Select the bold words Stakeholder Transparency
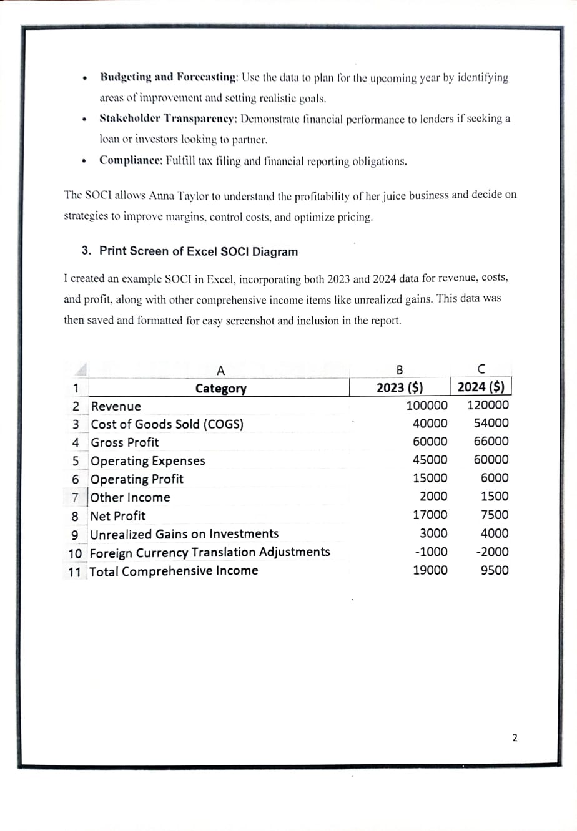pyautogui.click(x=167, y=119)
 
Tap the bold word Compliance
pyautogui.click(x=130, y=161)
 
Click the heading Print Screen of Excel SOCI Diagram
pyautogui.click(x=198, y=251)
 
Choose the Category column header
pyautogui.click(x=220, y=389)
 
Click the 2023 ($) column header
pyautogui.click(x=400, y=387)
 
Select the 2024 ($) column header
pyautogui.click(x=481, y=386)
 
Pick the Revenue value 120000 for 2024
pyautogui.click(x=488, y=405)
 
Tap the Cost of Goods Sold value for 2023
pyautogui.click(x=430, y=423)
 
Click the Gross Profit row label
pyautogui.click(x=125, y=442)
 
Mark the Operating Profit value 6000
pyautogui.click(x=495, y=478)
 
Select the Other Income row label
pyautogui.click(x=130, y=497)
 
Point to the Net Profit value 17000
pyautogui.click(x=430, y=515)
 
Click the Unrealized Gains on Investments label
pyautogui.click(x=184, y=534)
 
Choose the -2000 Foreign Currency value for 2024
pyautogui.click(x=492, y=552)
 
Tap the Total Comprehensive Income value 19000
pyautogui.click(x=430, y=570)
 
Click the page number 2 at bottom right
pyautogui.click(x=515, y=738)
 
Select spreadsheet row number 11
pyautogui.click(x=75, y=571)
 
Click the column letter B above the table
pyautogui.click(x=400, y=369)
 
